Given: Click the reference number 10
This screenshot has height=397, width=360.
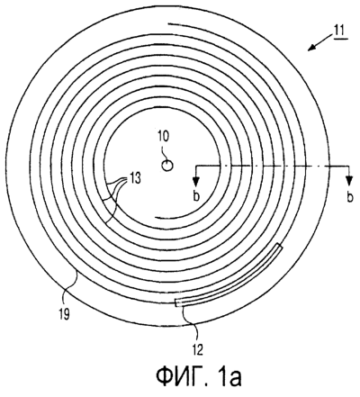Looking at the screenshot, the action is click(x=163, y=137).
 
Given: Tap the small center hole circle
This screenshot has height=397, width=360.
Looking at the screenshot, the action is click(x=167, y=166).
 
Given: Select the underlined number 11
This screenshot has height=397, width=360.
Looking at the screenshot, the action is click(x=339, y=32).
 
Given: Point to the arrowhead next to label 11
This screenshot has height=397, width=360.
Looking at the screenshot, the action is click(x=312, y=48).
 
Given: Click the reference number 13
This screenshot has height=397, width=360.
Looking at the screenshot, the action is click(x=135, y=179).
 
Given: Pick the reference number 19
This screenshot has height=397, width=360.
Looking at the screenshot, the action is click(x=64, y=314).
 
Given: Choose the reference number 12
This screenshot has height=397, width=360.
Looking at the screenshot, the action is click(x=199, y=349).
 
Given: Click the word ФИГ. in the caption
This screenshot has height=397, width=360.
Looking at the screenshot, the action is click(x=180, y=377).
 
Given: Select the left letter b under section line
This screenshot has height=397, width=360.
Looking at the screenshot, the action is click(x=196, y=196).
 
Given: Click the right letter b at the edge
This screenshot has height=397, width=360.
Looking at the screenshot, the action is click(x=350, y=197).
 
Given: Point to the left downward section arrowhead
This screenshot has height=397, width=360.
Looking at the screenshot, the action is click(x=196, y=181).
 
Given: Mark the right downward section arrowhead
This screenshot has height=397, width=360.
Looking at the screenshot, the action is click(x=348, y=181).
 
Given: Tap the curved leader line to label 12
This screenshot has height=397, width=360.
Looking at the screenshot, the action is click(x=192, y=324).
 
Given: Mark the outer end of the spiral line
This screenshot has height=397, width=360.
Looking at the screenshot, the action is click(x=168, y=23).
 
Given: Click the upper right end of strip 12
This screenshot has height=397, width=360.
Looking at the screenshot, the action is click(x=280, y=246).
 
